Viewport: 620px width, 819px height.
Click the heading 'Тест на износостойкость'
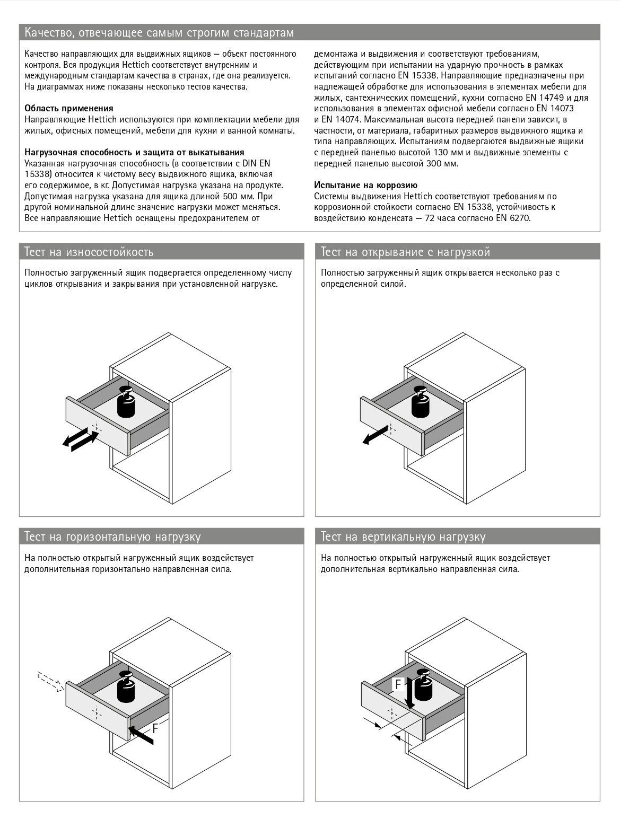pos(89,252)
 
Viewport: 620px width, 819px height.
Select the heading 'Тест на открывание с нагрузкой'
pos(405,252)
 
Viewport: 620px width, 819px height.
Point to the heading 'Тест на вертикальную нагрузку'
pos(403,536)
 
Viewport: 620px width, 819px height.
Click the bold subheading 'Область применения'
pos(69,108)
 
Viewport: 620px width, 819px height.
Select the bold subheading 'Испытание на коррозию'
pos(365,185)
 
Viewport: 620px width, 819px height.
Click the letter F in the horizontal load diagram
pos(155,728)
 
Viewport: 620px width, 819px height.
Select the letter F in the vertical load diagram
pos(398,684)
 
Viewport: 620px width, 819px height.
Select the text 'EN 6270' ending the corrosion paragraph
pos(513,218)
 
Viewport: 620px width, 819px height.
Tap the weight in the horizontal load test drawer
pos(127,688)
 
